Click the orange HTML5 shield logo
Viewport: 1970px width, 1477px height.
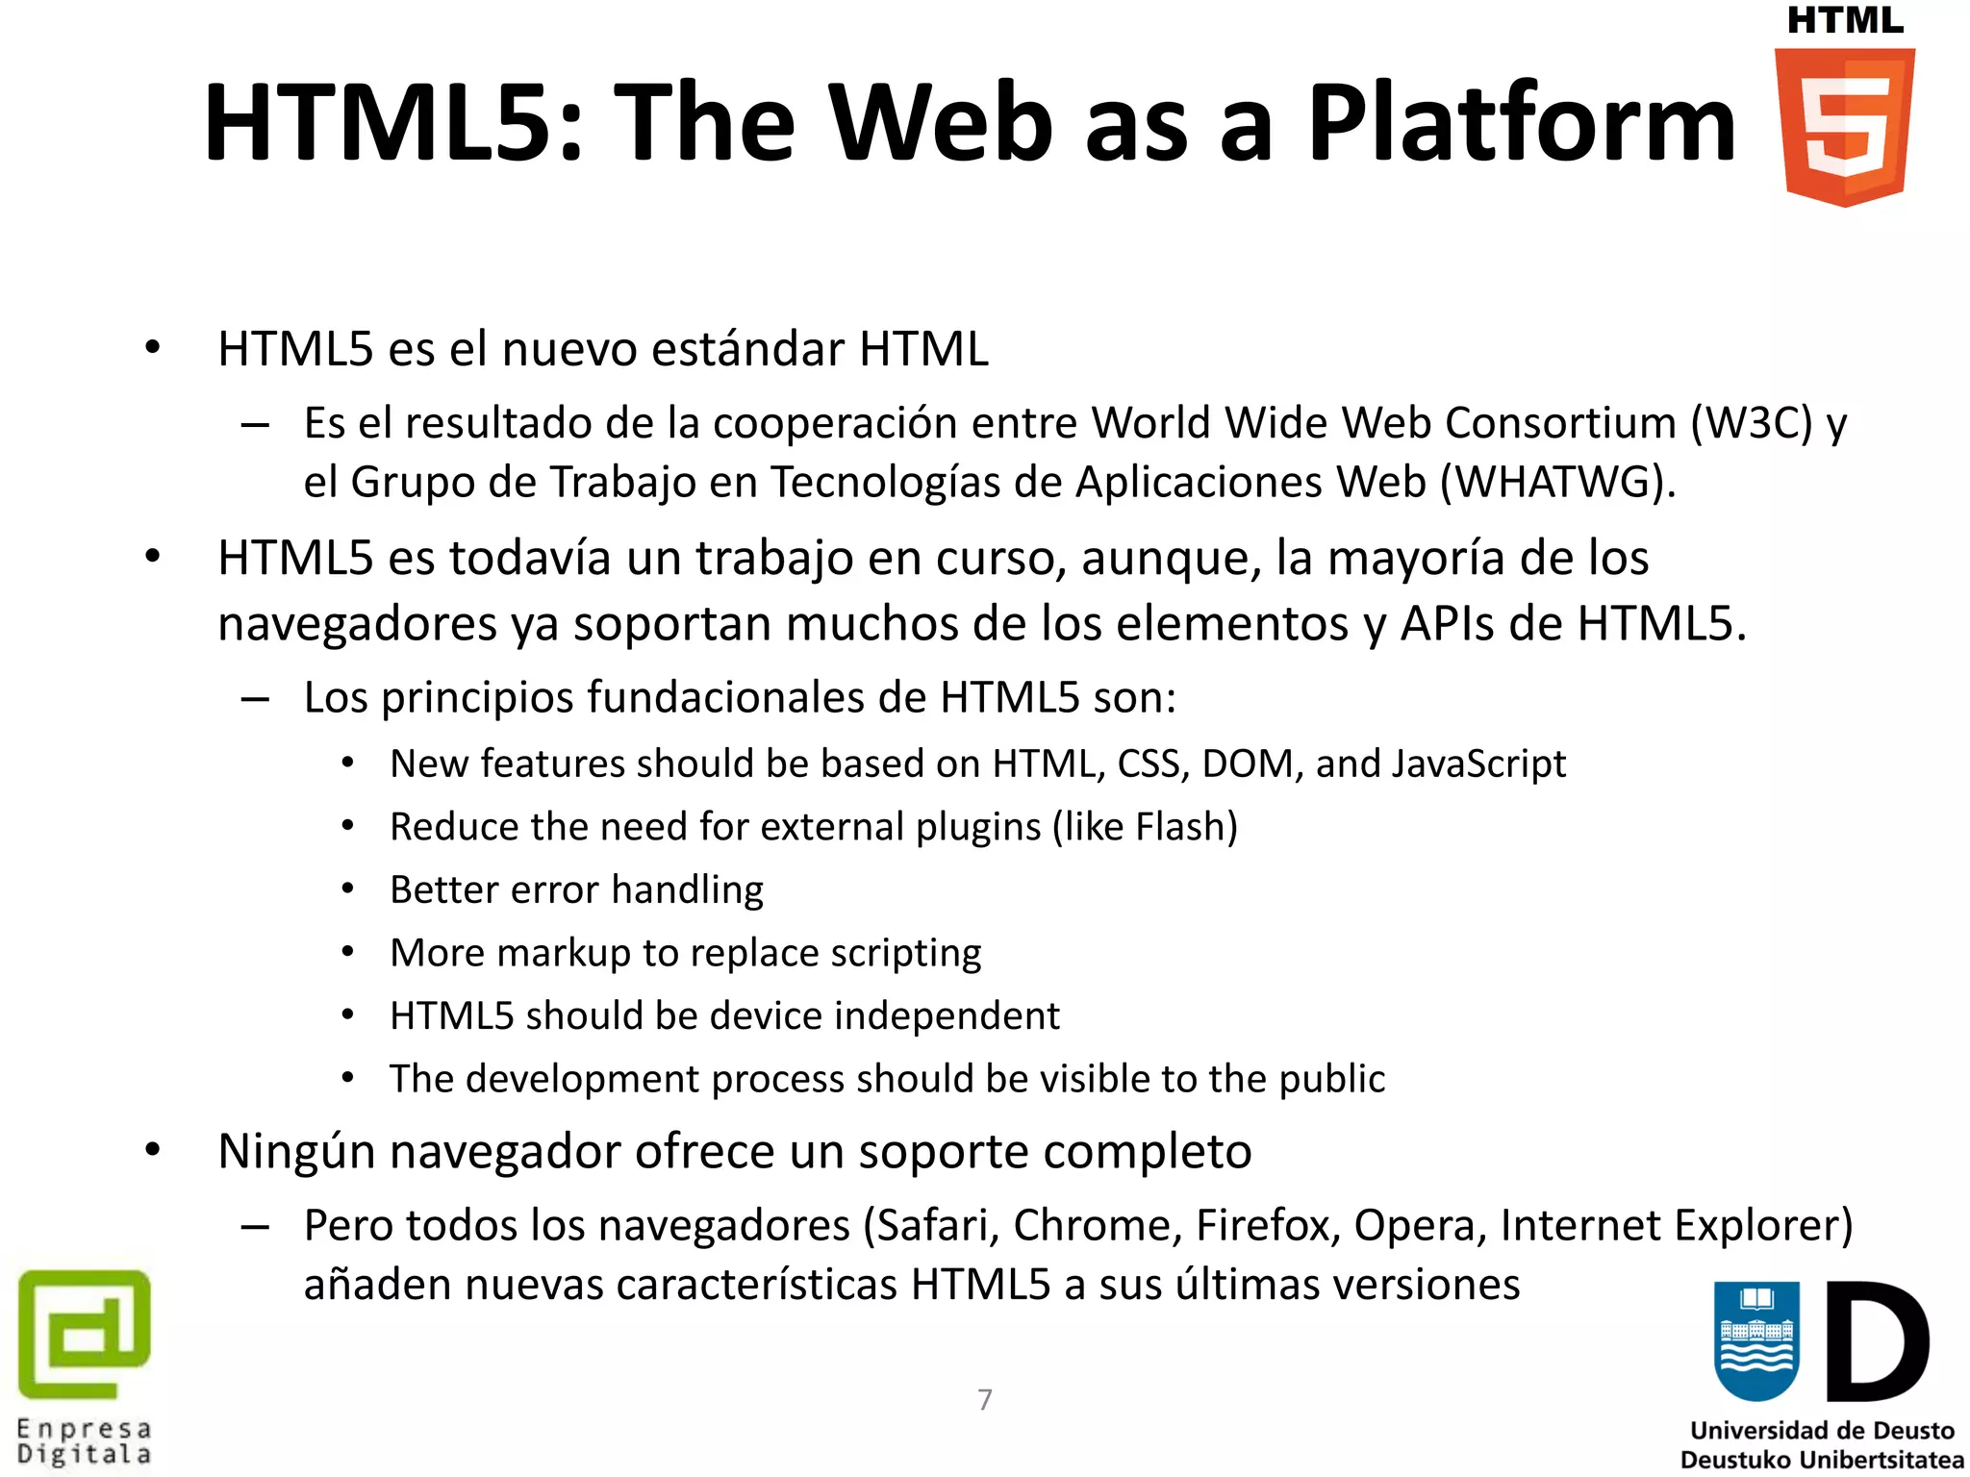[1844, 127]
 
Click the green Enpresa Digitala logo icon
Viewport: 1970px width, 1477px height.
[85, 1334]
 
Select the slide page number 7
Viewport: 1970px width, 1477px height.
[984, 1399]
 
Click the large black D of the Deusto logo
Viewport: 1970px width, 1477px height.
[1876, 1341]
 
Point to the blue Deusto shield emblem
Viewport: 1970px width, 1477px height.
[1756, 1341]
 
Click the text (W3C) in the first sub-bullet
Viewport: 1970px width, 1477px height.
[1752, 423]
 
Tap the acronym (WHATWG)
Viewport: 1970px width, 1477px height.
[1557, 482]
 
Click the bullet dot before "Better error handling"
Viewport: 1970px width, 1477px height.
[348, 889]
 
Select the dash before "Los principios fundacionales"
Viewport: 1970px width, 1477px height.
[255, 699]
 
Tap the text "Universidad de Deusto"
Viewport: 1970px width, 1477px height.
[1822, 1431]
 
